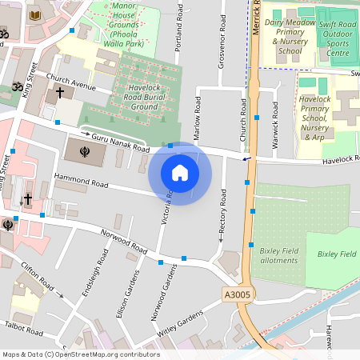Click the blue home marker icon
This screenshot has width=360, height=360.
coord(180,173)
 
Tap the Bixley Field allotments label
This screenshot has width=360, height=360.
coord(278,255)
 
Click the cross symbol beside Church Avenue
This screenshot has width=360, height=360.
coord(60,93)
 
